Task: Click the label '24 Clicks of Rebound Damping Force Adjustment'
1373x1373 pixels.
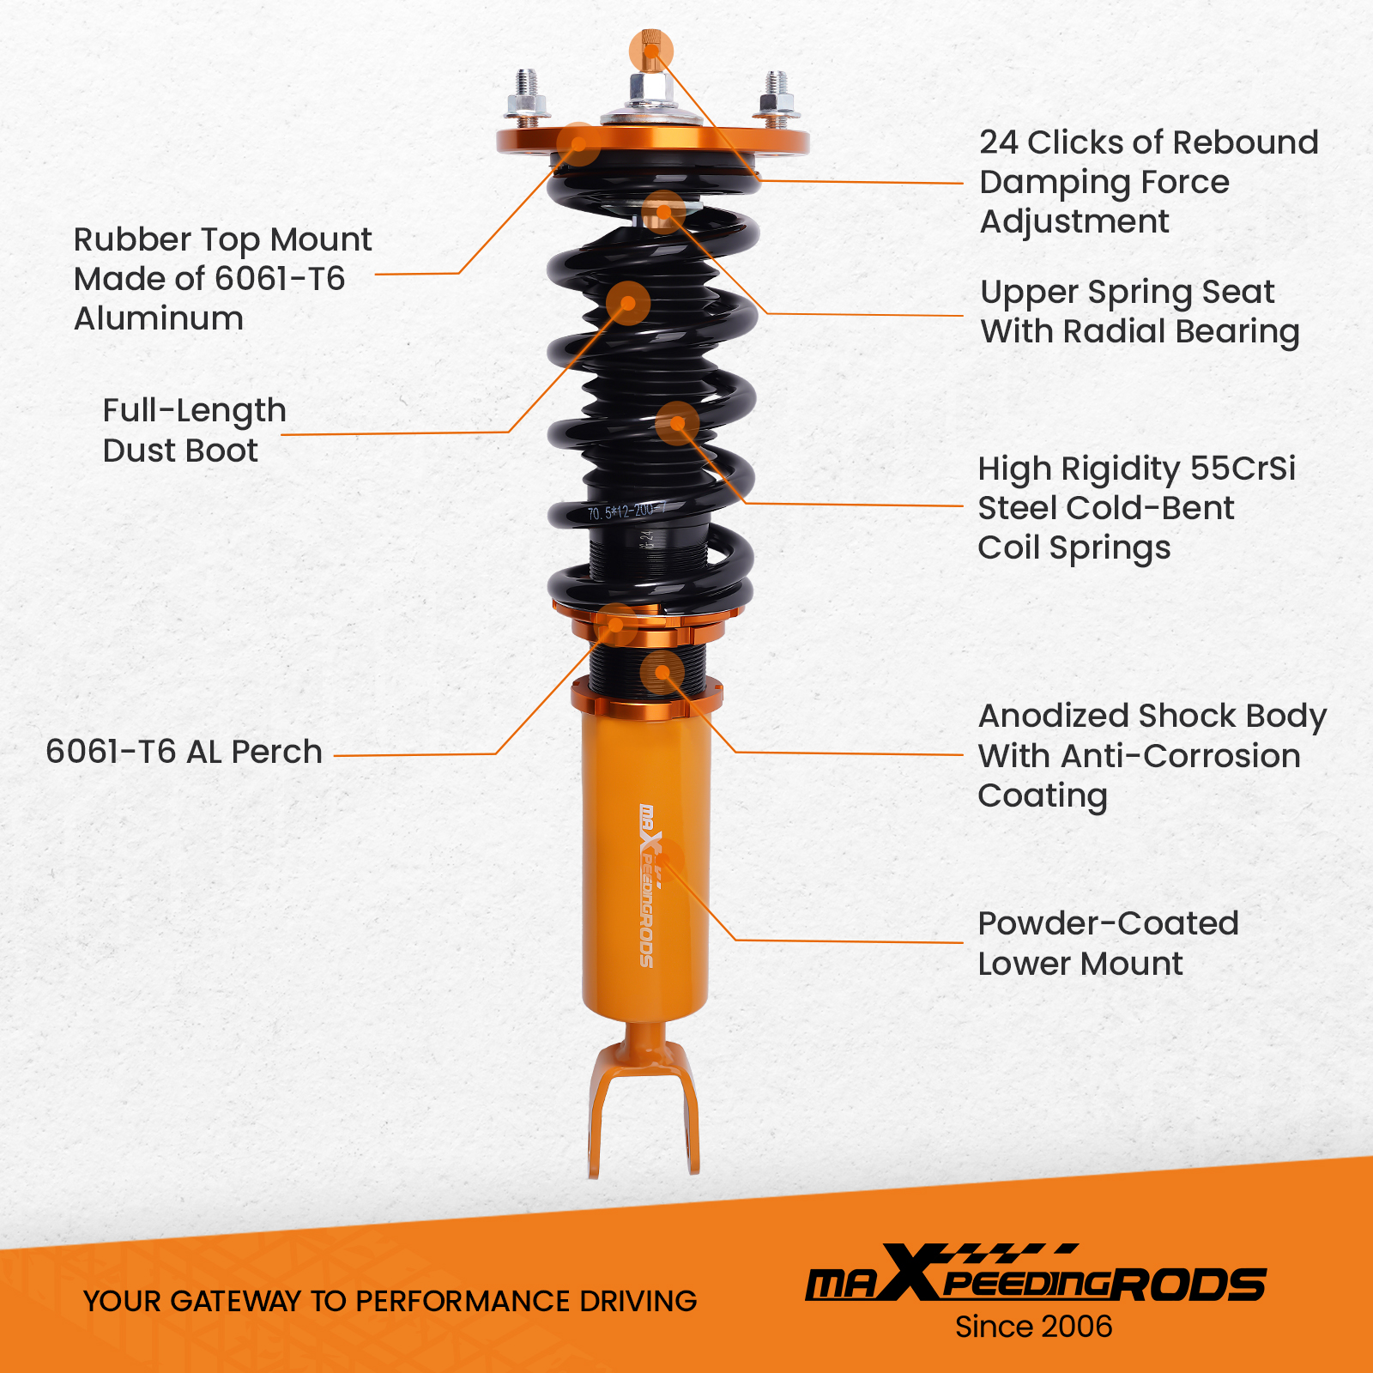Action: coord(1148,182)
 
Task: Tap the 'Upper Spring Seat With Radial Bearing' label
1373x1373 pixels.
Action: coord(1140,311)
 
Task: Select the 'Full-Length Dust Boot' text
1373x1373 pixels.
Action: coord(194,431)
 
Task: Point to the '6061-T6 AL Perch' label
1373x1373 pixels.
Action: coord(184,752)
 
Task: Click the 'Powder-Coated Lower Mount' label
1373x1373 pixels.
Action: coord(1107,943)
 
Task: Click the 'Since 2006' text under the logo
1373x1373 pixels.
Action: coord(1033,1327)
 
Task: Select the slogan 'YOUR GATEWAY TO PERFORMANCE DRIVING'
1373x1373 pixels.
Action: coord(390,1301)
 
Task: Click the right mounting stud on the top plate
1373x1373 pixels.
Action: coord(777,94)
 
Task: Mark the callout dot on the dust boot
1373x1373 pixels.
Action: coord(628,303)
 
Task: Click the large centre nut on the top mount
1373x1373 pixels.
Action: coord(650,88)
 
